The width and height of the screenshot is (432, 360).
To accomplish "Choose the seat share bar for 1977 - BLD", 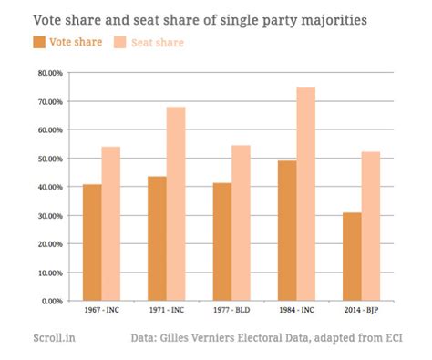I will point(242,222).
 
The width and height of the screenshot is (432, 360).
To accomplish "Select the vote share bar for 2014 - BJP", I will point(351,256).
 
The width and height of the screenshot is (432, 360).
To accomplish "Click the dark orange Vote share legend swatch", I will point(39,42).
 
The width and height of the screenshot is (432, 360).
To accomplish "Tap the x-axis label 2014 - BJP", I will point(361,311).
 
